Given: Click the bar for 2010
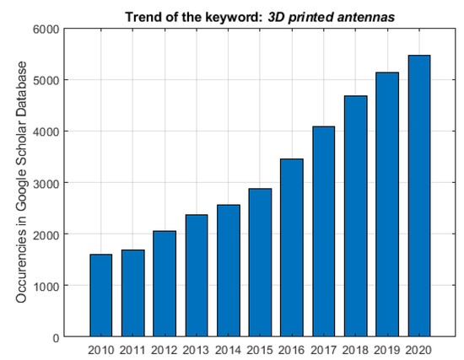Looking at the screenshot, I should [100, 295].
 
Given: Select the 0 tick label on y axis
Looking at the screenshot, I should [53, 337].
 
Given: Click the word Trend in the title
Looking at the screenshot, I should [143, 15].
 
